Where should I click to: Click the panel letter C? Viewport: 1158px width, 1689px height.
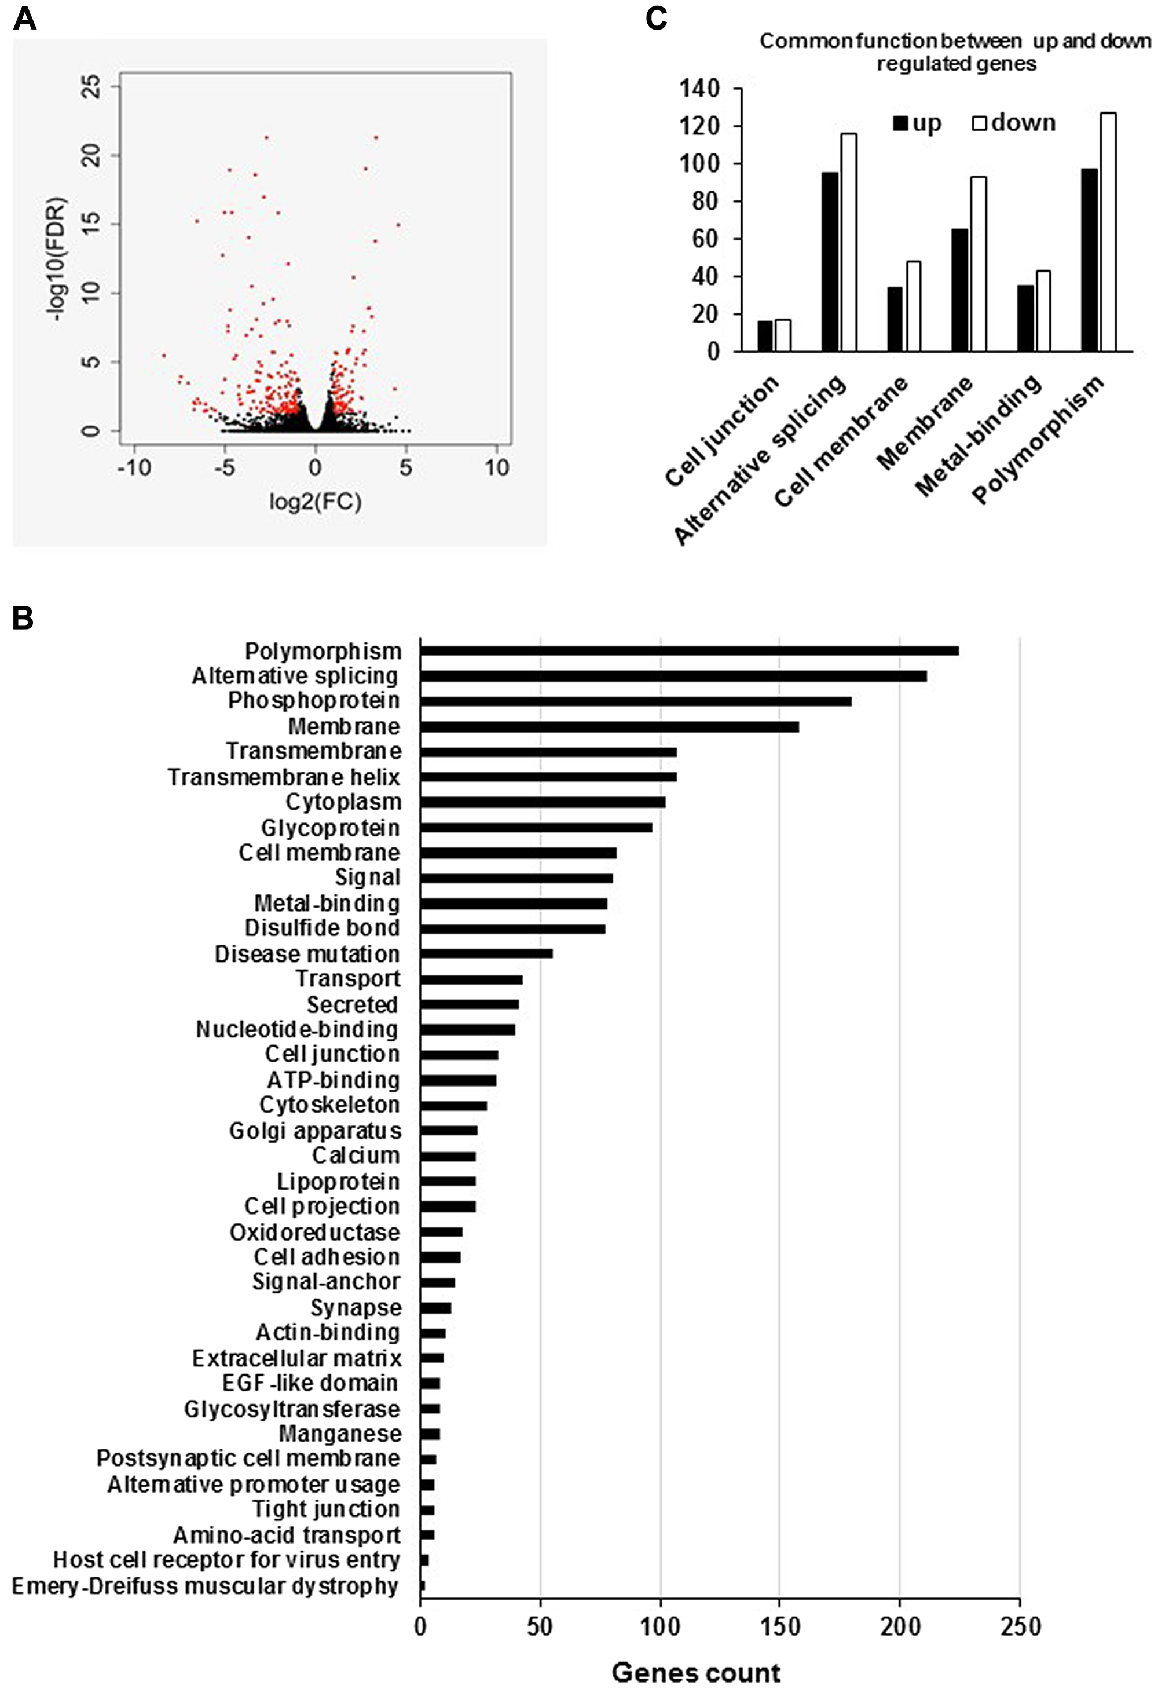[656, 18]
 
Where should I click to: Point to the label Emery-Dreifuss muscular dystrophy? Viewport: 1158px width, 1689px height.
[206, 1586]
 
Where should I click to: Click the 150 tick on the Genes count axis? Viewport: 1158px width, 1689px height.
[779, 1626]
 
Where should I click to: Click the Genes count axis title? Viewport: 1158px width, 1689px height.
[696, 1672]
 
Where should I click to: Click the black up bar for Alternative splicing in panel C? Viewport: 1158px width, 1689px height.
[830, 262]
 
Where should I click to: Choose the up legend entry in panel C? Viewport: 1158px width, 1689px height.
[917, 123]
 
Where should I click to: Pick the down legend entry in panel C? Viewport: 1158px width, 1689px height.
[1013, 123]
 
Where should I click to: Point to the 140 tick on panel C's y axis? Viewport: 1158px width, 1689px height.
[699, 89]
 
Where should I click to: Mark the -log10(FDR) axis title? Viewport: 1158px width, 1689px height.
[57, 260]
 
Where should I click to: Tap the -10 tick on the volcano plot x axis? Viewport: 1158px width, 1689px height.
[134, 467]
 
